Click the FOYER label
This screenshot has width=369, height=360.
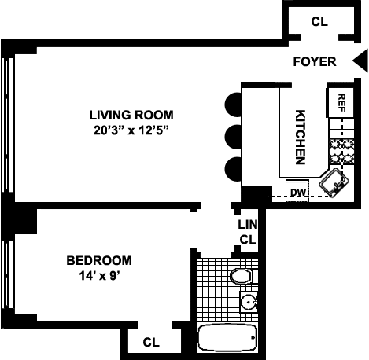[x=315, y=62]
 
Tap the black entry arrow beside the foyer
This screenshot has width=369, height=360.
[x=359, y=61]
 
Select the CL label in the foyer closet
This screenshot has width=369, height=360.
[x=319, y=22]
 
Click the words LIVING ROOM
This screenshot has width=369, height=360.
[x=131, y=116]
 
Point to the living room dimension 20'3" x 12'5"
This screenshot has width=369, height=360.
[x=131, y=130]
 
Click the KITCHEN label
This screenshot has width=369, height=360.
[x=301, y=137]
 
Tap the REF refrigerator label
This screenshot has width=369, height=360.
[x=341, y=103]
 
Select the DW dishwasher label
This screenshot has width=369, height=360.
[x=298, y=193]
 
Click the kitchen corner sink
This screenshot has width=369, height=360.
[x=334, y=182]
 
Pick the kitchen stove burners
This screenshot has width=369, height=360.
[x=341, y=152]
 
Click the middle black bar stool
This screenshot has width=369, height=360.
[x=233, y=137]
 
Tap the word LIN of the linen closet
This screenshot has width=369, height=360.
[x=247, y=225]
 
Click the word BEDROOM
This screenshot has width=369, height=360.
[x=99, y=260]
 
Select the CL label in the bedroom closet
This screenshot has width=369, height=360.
[x=151, y=342]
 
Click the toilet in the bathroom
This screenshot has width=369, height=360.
[x=242, y=276]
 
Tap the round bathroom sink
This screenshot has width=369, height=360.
[x=249, y=302]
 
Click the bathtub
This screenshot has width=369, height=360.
[x=227, y=338]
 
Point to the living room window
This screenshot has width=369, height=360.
[x=8, y=125]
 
